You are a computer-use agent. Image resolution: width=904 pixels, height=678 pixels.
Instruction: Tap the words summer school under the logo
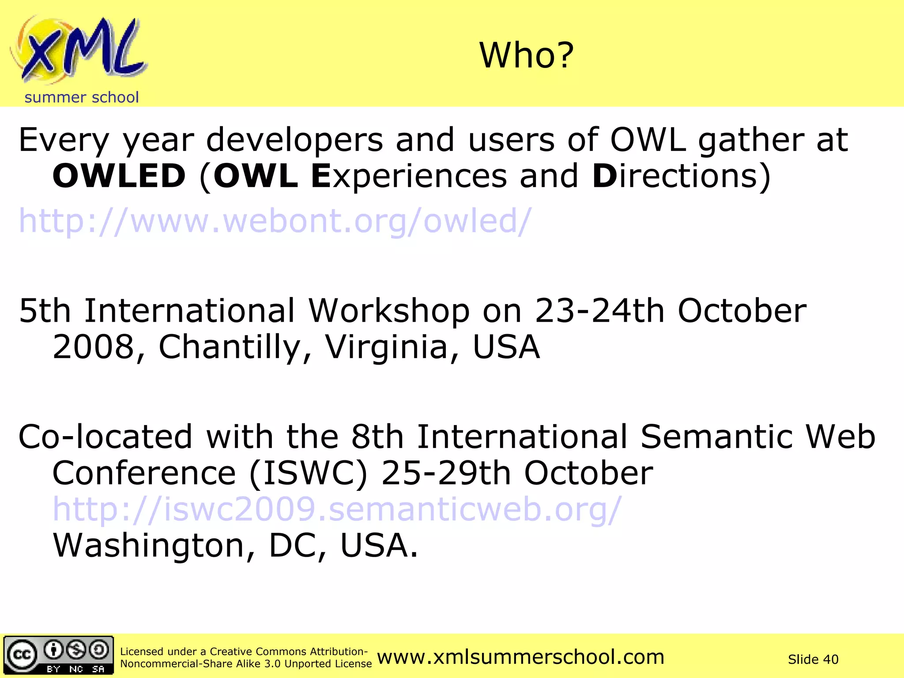point(82,97)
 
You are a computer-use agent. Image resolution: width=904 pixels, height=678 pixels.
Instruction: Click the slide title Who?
point(527,56)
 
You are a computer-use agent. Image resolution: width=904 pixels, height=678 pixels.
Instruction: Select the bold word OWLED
point(119,176)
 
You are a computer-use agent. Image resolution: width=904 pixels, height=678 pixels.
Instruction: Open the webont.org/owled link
point(275,221)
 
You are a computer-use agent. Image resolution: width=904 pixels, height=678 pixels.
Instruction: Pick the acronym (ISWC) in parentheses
point(308,473)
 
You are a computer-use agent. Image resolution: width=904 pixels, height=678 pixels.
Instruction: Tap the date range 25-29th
point(446,473)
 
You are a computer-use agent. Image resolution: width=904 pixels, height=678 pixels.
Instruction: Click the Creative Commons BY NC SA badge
point(58,655)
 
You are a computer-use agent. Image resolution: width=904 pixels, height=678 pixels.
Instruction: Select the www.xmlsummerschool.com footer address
point(521,657)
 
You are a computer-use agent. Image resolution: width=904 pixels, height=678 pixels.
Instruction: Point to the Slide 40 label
point(813,659)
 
